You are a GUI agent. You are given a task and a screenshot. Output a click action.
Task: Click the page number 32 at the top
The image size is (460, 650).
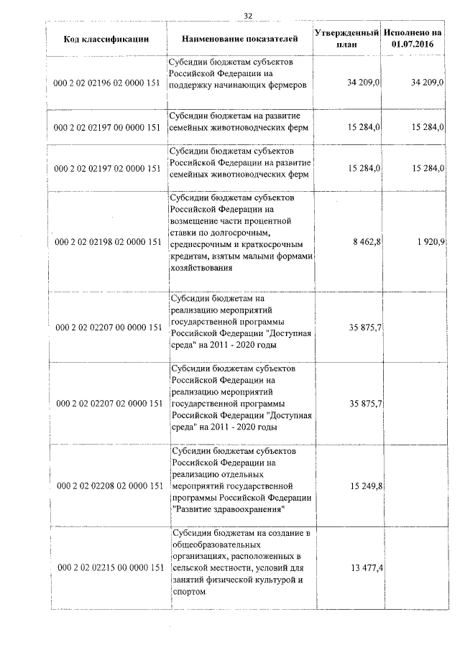coord(248,15)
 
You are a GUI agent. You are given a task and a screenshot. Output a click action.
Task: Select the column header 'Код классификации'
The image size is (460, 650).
coord(106,39)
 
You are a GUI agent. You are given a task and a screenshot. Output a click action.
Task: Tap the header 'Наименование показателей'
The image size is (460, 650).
coord(237,39)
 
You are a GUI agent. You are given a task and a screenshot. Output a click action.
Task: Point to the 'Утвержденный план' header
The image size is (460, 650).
coord(346,39)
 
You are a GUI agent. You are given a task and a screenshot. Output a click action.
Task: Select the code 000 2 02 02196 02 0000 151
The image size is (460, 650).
coord(106,84)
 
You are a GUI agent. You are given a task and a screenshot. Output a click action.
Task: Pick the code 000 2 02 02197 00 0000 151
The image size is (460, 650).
coord(106,128)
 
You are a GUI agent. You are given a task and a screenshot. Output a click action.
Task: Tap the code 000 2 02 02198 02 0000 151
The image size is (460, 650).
coord(106,241)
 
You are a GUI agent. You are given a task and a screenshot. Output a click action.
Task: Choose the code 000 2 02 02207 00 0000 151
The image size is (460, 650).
coord(106,328)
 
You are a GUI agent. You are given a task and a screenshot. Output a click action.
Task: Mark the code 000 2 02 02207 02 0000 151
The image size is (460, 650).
coord(106,404)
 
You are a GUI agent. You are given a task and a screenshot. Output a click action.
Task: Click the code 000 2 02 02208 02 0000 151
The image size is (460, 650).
coord(106,486)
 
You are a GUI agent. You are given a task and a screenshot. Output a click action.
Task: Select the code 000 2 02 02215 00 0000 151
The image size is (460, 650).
coord(106,568)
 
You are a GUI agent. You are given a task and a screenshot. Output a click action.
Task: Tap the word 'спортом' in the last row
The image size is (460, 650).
coord(190,592)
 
